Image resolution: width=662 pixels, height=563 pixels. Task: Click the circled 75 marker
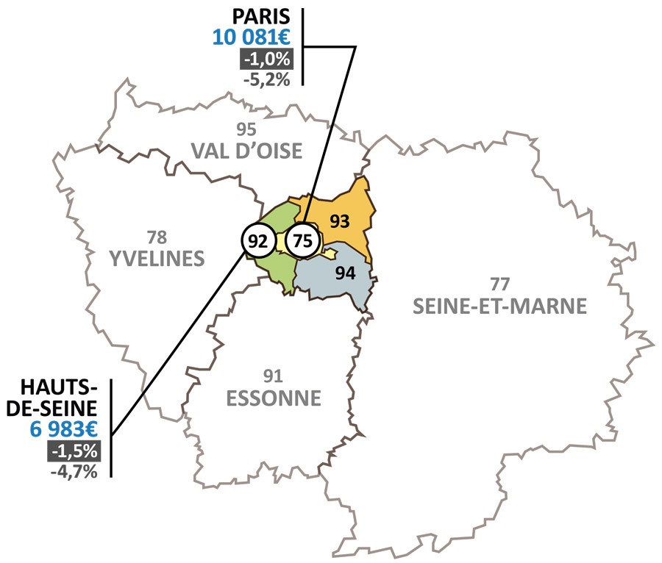tap(302, 240)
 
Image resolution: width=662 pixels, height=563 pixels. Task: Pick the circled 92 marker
tap(257, 240)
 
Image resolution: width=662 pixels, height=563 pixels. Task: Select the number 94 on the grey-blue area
tap(345, 273)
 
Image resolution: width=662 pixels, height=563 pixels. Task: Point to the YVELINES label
tap(156, 259)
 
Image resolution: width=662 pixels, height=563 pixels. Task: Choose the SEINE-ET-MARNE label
tap(499, 306)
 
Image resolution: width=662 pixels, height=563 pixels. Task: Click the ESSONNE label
tap(274, 398)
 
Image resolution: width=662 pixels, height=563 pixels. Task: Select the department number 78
tap(157, 237)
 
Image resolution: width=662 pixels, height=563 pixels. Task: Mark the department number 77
tap(499, 284)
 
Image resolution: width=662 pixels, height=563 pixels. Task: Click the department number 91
tap(274, 377)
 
